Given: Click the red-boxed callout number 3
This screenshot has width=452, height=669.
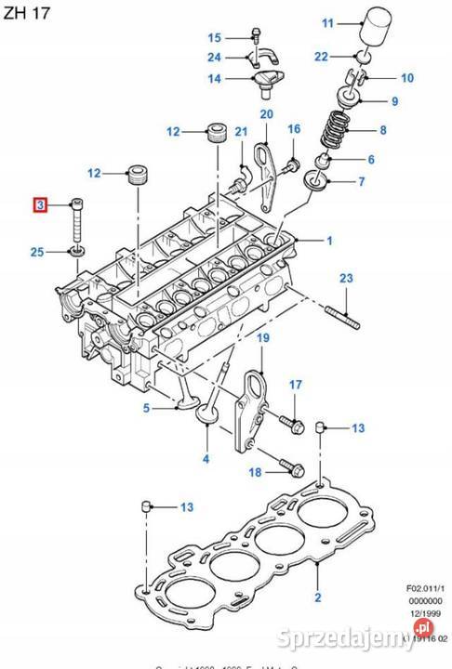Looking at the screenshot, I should pos(39,204).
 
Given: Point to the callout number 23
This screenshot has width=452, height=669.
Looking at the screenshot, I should pos(346,279).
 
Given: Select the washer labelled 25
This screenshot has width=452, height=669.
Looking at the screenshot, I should pos(75,251).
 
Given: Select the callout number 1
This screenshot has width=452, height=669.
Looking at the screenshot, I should pos(328,241).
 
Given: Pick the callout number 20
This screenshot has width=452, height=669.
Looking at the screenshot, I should pos(266,114).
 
